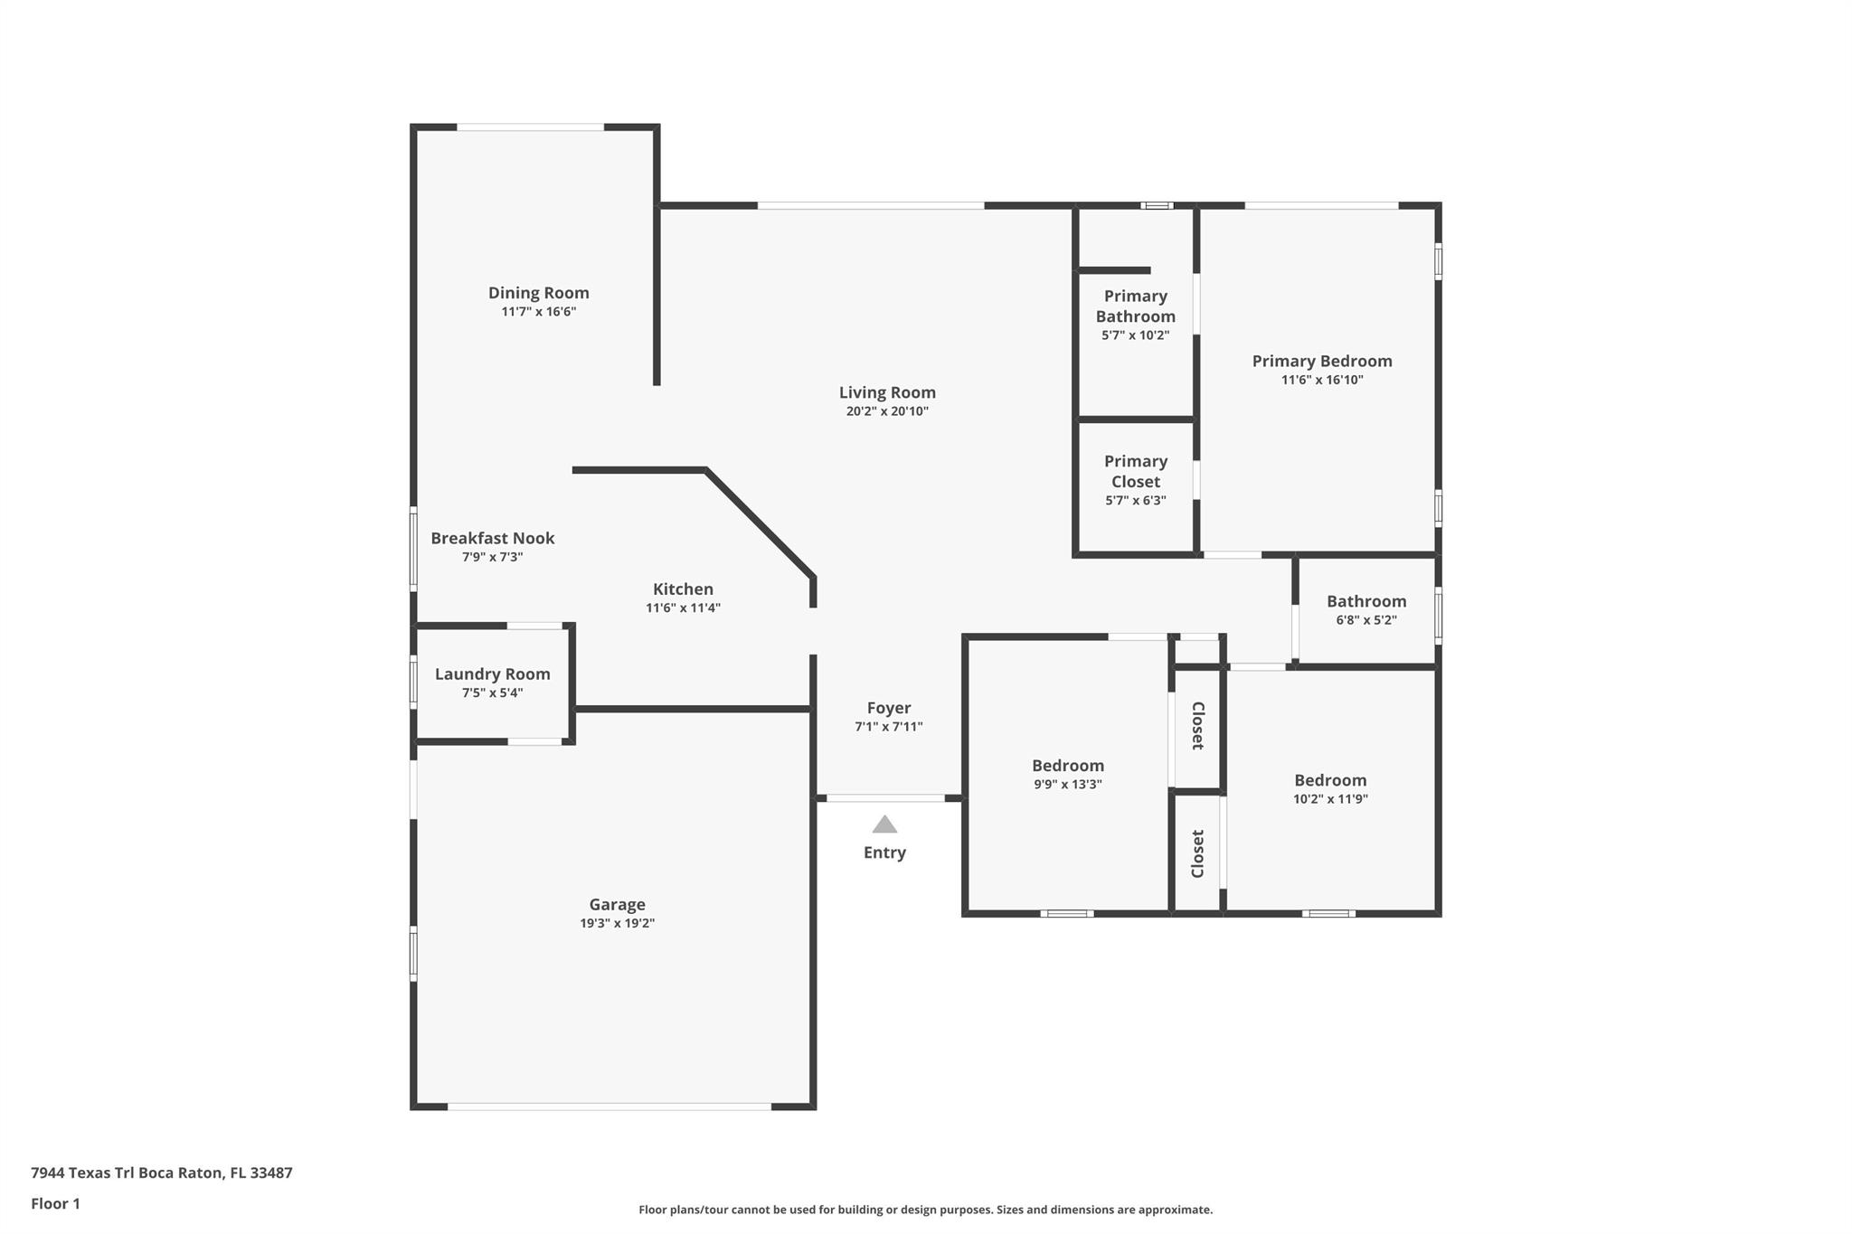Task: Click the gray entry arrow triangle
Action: coord(884,824)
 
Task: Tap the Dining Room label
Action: coord(539,293)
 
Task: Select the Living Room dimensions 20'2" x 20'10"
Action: coord(887,411)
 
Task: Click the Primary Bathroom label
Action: coord(1136,306)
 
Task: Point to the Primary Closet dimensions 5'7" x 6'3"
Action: coord(1136,501)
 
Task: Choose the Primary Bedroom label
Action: coord(1322,362)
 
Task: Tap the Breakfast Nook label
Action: coord(493,539)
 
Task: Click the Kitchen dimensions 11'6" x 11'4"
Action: coord(683,608)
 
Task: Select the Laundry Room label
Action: coord(493,674)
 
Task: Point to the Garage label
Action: coord(618,905)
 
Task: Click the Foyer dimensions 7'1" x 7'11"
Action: coord(889,727)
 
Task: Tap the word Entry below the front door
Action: coord(884,852)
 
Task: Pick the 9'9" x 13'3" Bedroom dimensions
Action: coord(1068,785)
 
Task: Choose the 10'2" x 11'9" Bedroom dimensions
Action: coord(1330,799)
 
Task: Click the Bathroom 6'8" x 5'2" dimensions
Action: coord(1366,620)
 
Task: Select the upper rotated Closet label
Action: coord(1197,726)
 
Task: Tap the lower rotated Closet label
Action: coord(1197,853)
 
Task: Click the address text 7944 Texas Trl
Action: coord(82,1173)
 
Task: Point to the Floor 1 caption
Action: coord(55,1204)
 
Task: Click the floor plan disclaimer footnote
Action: coord(926,1210)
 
